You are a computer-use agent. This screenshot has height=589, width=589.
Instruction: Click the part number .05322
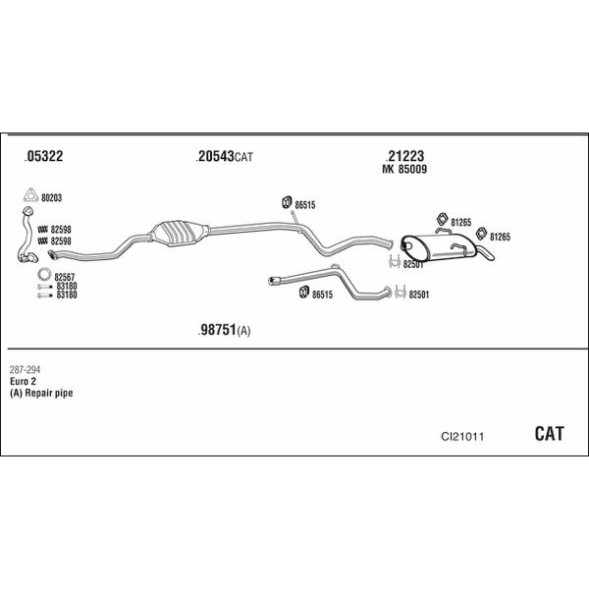click(x=43, y=156)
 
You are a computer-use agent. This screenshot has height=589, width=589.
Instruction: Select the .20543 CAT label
click(x=224, y=156)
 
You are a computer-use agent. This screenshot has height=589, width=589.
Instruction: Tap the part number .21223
click(x=404, y=155)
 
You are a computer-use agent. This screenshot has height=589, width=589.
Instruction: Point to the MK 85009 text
click(x=404, y=170)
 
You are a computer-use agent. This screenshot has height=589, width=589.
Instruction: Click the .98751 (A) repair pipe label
click(x=224, y=330)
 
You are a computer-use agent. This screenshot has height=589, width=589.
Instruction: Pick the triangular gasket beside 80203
click(x=30, y=195)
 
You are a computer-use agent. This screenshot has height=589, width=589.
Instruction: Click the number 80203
click(x=51, y=198)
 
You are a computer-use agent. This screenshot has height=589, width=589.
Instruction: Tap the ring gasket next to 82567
click(x=44, y=274)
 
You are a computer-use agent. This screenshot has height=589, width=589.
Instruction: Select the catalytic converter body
click(x=180, y=233)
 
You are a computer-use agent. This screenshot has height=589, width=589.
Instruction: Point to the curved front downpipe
click(x=27, y=235)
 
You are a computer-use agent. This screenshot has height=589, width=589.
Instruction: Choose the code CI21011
click(x=462, y=437)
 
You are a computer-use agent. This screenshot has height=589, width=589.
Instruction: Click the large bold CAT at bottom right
click(x=549, y=434)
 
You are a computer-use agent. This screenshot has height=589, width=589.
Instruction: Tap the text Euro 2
click(x=23, y=381)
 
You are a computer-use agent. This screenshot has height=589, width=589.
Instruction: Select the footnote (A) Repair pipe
click(x=41, y=393)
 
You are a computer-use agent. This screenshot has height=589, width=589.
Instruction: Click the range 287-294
click(x=25, y=370)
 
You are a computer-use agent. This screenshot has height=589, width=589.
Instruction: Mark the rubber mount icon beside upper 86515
click(x=287, y=202)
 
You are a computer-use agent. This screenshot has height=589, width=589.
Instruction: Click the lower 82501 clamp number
click(x=419, y=294)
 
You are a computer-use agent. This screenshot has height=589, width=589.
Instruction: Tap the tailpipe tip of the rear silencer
click(x=487, y=253)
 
